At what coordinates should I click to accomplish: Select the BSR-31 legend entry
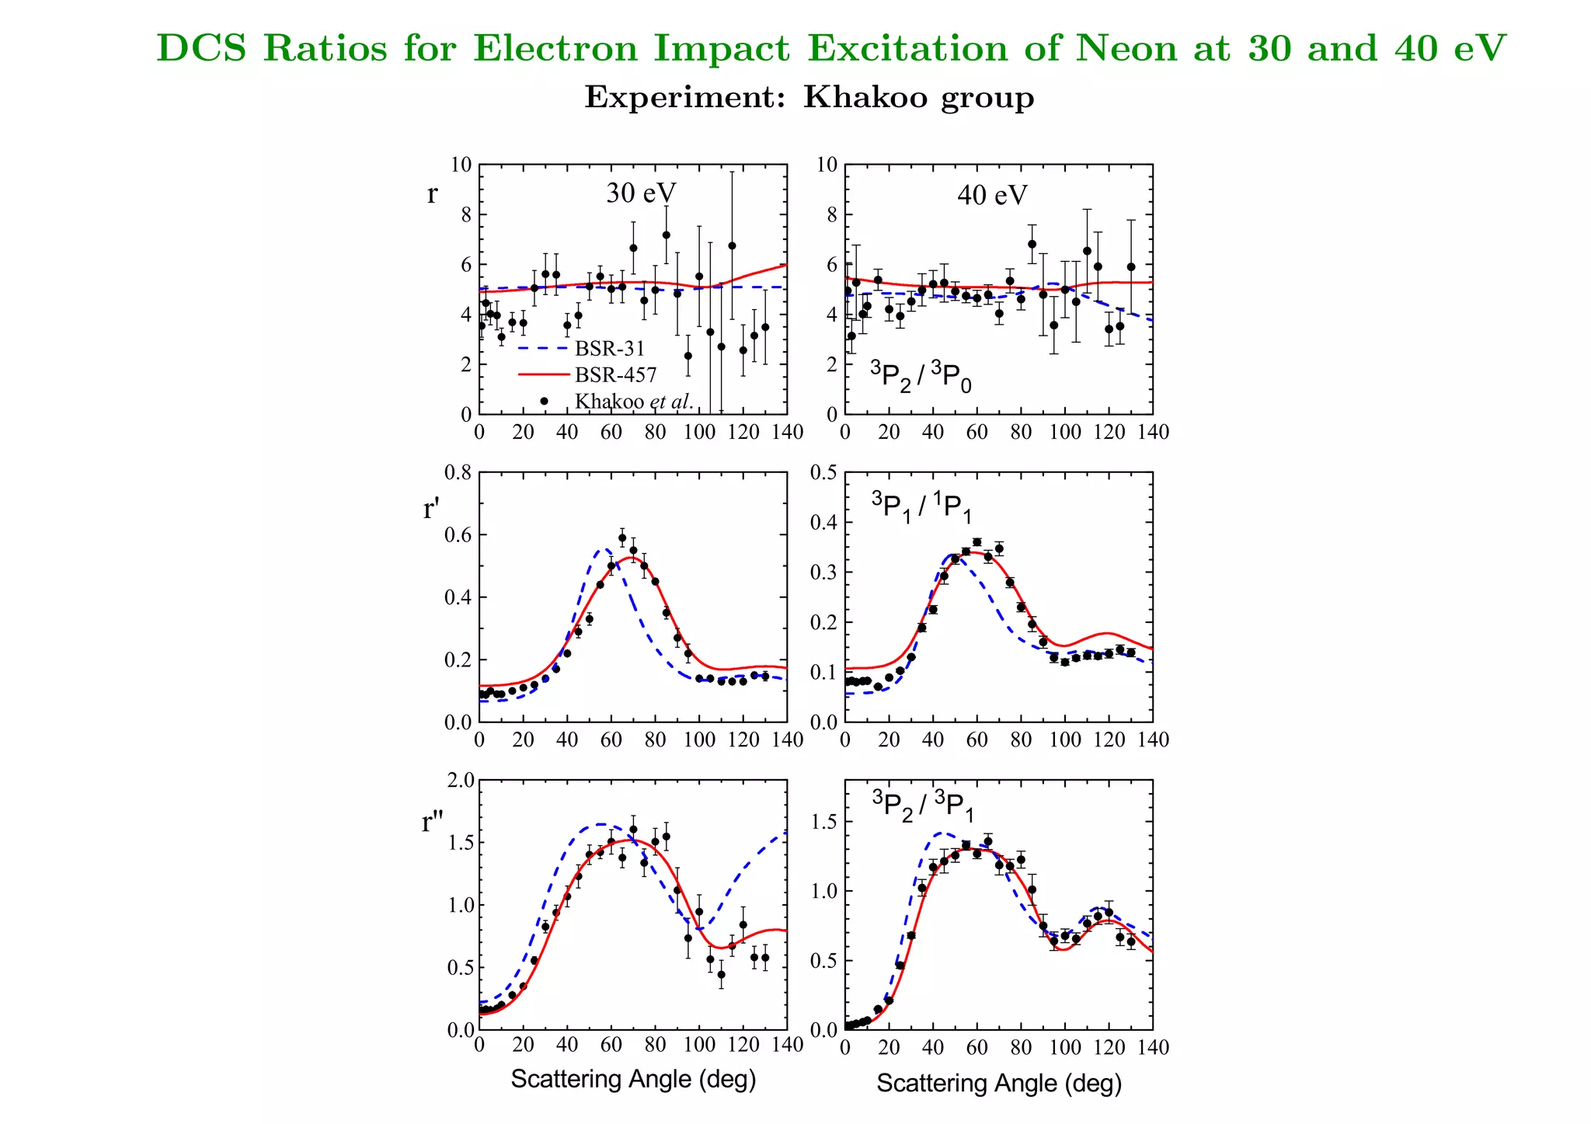coord(609,349)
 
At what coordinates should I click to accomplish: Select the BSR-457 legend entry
coord(615,375)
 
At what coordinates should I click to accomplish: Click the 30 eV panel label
coord(641,193)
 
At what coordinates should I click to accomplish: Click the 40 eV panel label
coord(991,195)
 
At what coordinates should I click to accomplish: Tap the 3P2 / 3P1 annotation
coord(922,806)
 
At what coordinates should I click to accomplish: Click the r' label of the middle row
coord(431,510)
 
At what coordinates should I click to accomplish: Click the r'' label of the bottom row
coord(432,822)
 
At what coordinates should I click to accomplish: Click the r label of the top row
coord(432,193)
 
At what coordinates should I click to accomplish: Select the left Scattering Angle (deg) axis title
coord(633,1079)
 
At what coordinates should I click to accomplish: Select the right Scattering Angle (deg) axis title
coord(999,1083)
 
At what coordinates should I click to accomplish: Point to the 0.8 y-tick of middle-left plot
coord(458,472)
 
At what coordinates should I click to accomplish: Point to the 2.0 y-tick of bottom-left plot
coord(458,780)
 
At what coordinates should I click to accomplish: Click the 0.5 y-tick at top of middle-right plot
coord(823,472)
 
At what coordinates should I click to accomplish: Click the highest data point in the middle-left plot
coord(622,538)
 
